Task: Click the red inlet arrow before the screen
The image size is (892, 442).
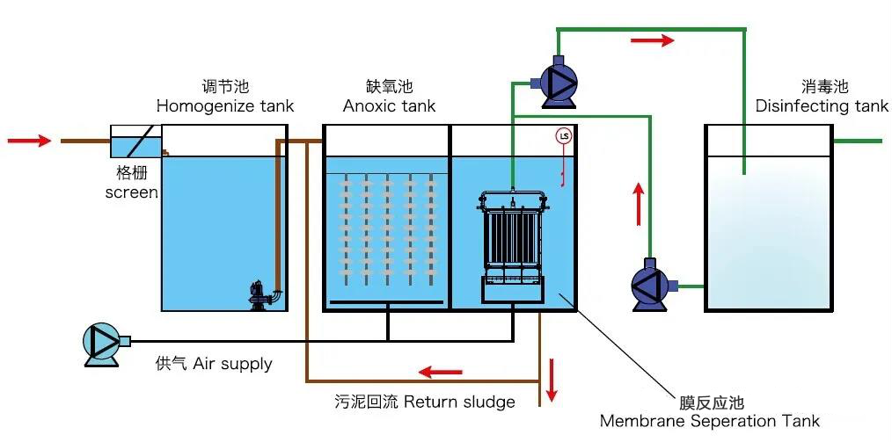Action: pos(28,140)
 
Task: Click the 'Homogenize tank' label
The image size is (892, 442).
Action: pos(225,106)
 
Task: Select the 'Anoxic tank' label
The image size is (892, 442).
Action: pos(389,106)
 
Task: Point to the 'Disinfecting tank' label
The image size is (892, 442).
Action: pos(823,106)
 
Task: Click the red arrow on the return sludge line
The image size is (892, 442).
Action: pos(440,372)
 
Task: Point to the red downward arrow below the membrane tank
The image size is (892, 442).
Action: pos(552,379)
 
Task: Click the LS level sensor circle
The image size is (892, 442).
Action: pos(563,137)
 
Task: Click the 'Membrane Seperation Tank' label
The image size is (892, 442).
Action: pos(710,421)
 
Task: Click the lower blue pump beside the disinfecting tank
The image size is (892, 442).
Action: pos(652,285)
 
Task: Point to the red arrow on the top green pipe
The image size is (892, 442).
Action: pos(653,40)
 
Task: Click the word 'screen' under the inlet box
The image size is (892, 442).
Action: pos(132,192)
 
